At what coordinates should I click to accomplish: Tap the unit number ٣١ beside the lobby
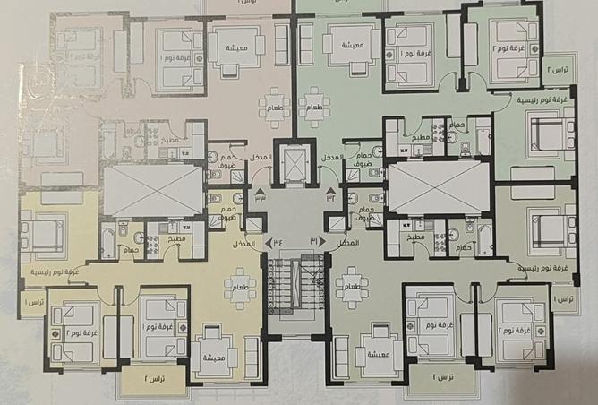coord(313,240)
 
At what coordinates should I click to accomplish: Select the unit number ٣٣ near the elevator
coord(260,199)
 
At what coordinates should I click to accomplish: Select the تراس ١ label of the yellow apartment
coord(33,298)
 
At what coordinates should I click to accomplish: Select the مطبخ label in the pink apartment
coord(170,141)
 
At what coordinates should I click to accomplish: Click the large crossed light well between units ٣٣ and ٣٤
coord(153,190)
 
